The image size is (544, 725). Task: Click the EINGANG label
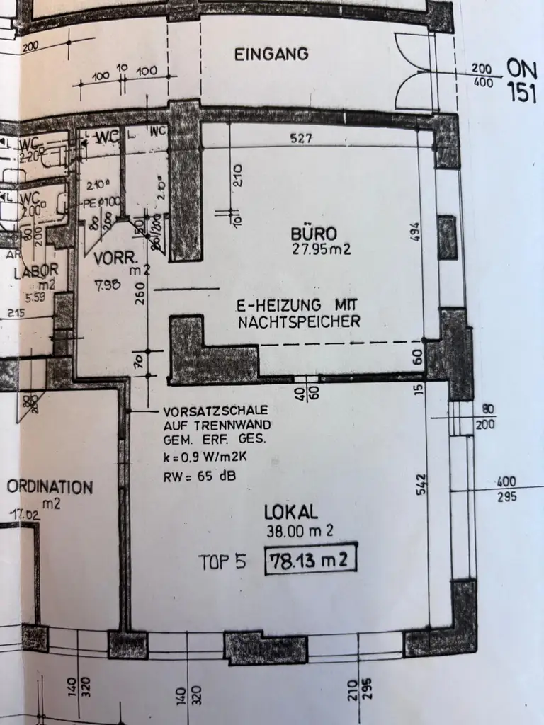coord(271,53)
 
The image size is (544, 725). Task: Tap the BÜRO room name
coord(313,234)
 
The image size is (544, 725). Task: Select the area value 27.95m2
coord(322,249)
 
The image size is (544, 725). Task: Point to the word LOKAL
coord(291,512)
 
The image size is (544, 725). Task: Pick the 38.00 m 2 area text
coord(299,530)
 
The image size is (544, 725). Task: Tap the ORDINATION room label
coord(50,487)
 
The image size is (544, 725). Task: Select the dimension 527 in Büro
coord(301,139)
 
